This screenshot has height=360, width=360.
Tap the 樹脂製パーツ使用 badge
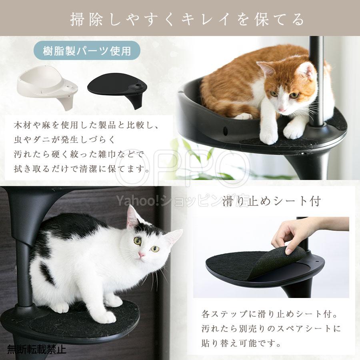[x=87, y=51]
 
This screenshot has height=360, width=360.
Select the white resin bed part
[x=48, y=87]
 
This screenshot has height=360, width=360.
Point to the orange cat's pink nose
[x=283, y=109]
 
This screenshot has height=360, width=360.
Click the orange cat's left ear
[x=266, y=68]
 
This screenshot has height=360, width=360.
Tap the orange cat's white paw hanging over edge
[x=268, y=134]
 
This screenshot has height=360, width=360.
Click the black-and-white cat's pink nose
[x=141, y=255]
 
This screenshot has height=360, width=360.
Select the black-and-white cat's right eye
[x=137, y=241]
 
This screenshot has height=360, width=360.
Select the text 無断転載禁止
[x=36, y=350]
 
